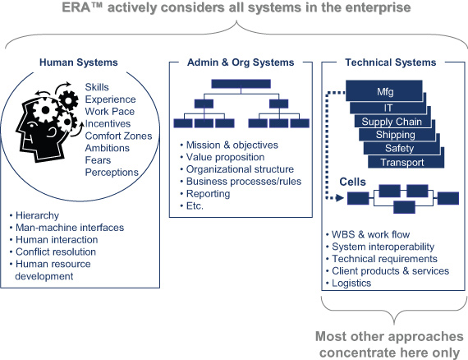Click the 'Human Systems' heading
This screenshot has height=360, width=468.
(79, 62)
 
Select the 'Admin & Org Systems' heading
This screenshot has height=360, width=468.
(241, 62)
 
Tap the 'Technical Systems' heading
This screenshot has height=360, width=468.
(390, 62)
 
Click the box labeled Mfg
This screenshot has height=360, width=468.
(384, 90)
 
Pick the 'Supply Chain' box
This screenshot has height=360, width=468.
(392, 122)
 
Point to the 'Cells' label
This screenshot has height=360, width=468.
(352, 182)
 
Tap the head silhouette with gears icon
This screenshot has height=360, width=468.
(47, 122)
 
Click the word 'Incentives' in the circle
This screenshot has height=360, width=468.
(108, 123)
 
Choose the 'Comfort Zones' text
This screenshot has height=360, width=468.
(118, 136)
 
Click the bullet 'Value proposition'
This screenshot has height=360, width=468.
(223, 157)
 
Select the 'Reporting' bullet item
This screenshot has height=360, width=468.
(205, 194)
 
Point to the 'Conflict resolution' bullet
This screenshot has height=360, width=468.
(53, 252)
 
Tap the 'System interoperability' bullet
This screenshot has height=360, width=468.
(380, 247)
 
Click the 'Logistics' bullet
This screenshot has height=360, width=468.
(349, 284)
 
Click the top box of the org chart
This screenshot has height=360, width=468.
(241, 84)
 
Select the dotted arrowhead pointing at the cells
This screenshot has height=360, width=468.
(340, 198)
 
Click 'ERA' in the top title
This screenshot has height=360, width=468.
(76, 7)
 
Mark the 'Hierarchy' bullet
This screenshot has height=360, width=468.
(34, 215)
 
